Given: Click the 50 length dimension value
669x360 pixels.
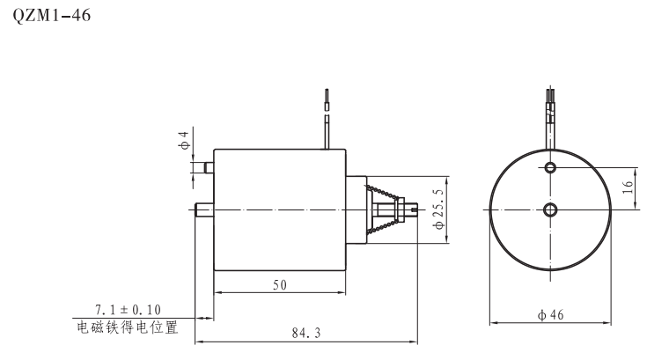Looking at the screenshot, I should (x=279, y=284).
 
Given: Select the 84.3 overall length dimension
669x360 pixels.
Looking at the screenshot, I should (x=305, y=333).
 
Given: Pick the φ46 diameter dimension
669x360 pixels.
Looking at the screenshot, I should (x=551, y=314).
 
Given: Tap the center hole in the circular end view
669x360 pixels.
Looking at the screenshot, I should (x=551, y=209).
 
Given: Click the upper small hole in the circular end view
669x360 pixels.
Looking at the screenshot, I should (x=551, y=167).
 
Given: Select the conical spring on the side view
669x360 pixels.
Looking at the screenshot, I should (x=385, y=209).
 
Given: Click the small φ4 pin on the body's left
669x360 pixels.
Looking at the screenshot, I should (x=209, y=167).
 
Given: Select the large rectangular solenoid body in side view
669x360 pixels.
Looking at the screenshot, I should (x=279, y=209).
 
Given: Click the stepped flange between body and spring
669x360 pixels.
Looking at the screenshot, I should (x=356, y=209).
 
